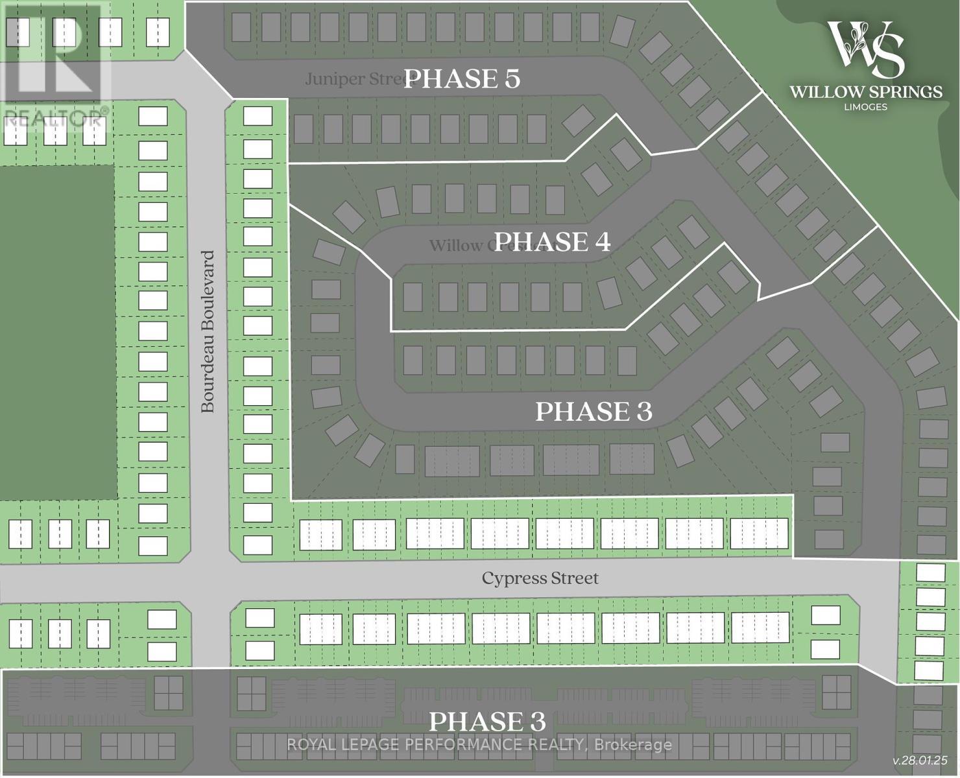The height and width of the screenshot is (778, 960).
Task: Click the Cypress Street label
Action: point(540,578)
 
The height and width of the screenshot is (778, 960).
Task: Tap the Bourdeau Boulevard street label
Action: point(208,332)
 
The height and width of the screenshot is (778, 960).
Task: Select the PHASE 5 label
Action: point(462,79)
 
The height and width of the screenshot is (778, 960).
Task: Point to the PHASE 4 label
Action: point(551,242)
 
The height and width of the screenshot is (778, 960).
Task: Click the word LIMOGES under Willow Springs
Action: point(866,107)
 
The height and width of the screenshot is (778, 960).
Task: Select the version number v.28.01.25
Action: point(920,760)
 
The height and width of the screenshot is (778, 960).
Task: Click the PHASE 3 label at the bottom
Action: point(487,721)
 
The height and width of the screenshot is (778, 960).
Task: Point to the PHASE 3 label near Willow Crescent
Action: point(594,411)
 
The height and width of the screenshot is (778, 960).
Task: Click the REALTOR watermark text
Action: point(54,118)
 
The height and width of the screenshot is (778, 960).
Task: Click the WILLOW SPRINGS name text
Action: point(866,92)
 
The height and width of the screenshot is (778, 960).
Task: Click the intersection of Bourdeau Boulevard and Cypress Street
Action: point(209,578)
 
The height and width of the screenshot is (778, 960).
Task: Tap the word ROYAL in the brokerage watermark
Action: point(309,745)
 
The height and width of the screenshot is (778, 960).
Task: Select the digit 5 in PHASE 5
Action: point(511,79)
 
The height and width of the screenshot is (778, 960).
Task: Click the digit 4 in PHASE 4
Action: point(601,242)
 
